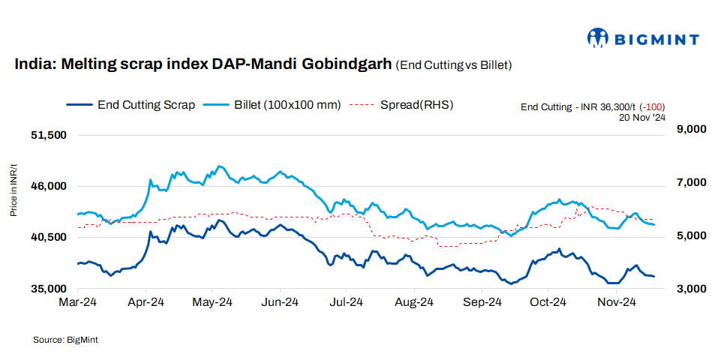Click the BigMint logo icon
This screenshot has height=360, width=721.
pos(599,37)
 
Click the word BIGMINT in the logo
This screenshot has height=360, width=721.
pos(657,39)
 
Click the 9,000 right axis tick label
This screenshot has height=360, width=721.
pos(691,130)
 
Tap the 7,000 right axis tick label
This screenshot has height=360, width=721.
pos(691,183)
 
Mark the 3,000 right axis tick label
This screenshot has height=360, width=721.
pos(691,289)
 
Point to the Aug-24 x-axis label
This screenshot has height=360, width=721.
pos(414,303)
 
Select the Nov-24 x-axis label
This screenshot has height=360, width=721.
pos(616,303)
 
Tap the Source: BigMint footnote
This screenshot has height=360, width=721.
pos(65,340)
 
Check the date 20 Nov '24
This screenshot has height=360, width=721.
pos(643,118)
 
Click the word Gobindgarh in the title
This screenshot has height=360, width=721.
pos(346,64)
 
